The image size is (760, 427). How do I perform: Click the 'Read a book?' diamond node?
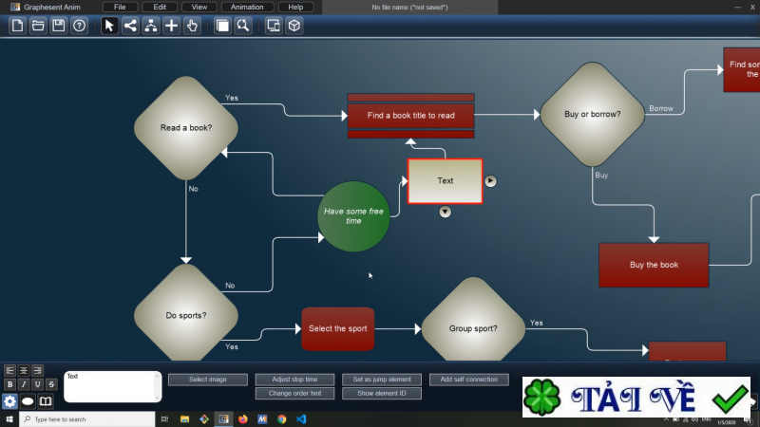[x=186, y=127]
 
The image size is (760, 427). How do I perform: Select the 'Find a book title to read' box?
[x=410, y=116]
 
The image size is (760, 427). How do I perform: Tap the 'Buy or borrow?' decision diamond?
[x=592, y=114]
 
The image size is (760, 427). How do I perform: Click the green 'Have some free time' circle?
[x=353, y=216]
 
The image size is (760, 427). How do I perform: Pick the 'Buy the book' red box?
[x=654, y=265]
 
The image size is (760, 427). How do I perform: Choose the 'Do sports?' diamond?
[x=186, y=315]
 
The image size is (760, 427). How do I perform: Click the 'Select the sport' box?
[x=337, y=328]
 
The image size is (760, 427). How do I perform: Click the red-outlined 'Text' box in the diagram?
[x=445, y=180]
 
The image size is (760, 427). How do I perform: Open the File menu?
[x=120, y=7]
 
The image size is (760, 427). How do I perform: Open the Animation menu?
[x=247, y=7]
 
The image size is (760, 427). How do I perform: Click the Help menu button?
[x=295, y=7]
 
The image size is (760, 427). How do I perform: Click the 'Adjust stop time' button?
[x=294, y=380]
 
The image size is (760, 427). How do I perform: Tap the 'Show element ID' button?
[x=381, y=393]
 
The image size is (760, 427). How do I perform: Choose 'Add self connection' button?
[x=468, y=380]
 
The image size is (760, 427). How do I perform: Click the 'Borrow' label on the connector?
[x=660, y=108]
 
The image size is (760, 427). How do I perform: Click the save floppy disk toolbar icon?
[x=59, y=26]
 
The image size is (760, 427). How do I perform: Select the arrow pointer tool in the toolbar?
[x=109, y=26]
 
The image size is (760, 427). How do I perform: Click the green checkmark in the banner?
[x=730, y=398]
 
